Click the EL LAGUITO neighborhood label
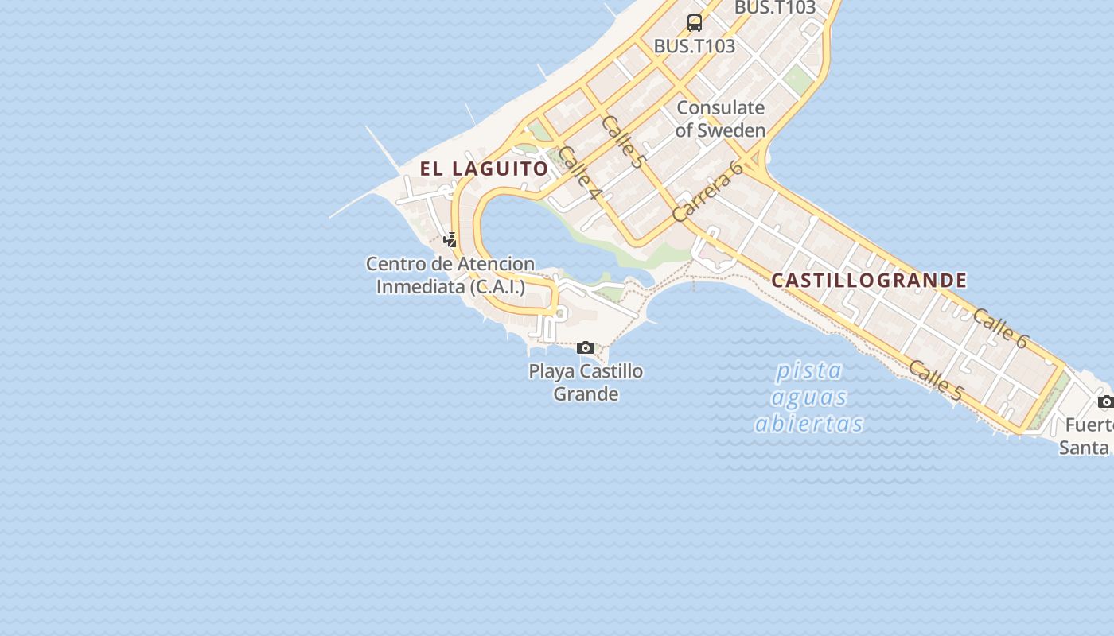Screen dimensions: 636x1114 (x=484, y=169)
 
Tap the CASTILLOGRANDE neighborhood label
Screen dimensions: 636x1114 (x=869, y=280)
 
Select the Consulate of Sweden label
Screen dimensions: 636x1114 (x=720, y=118)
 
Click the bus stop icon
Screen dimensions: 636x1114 (x=695, y=22)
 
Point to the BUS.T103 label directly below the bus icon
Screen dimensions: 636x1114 (x=694, y=46)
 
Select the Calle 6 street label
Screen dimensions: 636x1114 (x=1000, y=328)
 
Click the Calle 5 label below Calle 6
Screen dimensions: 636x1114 (x=936, y=380)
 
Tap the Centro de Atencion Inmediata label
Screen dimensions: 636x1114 (x=450, y=275)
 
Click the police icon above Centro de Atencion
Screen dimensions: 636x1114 (x=450, y=239)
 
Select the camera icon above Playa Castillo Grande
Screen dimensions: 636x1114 (x=586, y=347)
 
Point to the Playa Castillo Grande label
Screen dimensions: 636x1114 (x=586, y=382)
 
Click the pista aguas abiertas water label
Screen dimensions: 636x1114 (x=808, y=397)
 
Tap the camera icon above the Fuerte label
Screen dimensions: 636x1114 (x=1105, y=401)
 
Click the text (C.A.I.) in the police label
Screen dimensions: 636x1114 (x=497, y=286)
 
